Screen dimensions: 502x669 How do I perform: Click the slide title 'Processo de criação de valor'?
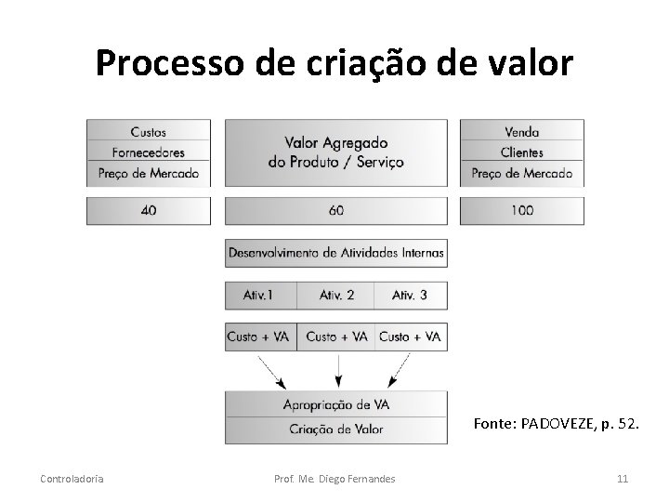334,63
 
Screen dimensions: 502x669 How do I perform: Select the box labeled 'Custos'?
149,131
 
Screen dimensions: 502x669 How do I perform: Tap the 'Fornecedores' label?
149,152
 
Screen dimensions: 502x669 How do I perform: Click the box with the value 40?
149,211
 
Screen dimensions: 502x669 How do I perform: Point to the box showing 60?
335,211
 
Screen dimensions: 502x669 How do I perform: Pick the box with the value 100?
522,211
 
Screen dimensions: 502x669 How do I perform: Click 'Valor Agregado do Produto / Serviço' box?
335,152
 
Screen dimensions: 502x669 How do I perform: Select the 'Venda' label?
522,131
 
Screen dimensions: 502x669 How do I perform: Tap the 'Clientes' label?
522,152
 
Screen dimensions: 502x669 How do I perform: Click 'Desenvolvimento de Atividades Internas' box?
335,252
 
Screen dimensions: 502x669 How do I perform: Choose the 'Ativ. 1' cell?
259,296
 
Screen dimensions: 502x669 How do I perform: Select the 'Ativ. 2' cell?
336,296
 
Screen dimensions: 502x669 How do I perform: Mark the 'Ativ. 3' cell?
410,296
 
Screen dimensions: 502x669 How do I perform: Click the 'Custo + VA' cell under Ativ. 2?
336,337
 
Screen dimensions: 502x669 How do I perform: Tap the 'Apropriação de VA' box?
335,404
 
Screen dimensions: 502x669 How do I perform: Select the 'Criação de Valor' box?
335,429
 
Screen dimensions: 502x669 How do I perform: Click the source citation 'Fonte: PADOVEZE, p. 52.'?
556,424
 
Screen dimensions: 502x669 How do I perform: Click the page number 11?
623,479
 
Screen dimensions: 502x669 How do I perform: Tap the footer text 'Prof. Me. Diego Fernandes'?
335,479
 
